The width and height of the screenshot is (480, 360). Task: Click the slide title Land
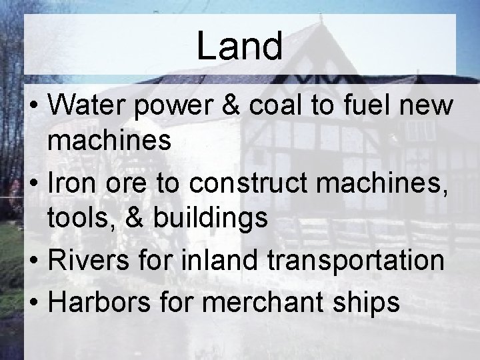tap(239, 47)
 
